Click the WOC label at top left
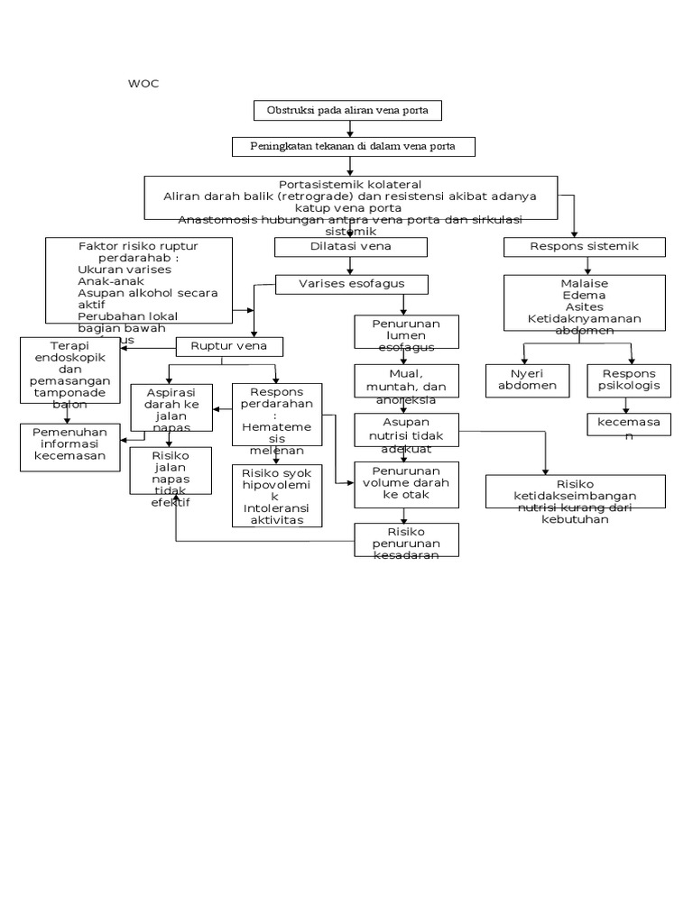[143, 84]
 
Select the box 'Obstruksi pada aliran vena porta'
[347, 111]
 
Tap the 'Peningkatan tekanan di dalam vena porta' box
[348, 146]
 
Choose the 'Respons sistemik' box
[585, 246]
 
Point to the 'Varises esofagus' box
[351, 284]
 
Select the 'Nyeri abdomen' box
[527, 380]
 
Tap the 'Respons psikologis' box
[629, 380]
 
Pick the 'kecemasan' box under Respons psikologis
[629, 424]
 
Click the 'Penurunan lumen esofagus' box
[407, 334]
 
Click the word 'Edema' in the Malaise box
[584, 296]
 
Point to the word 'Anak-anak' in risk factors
[107, 280]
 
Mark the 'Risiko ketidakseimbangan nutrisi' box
[575, 492]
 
